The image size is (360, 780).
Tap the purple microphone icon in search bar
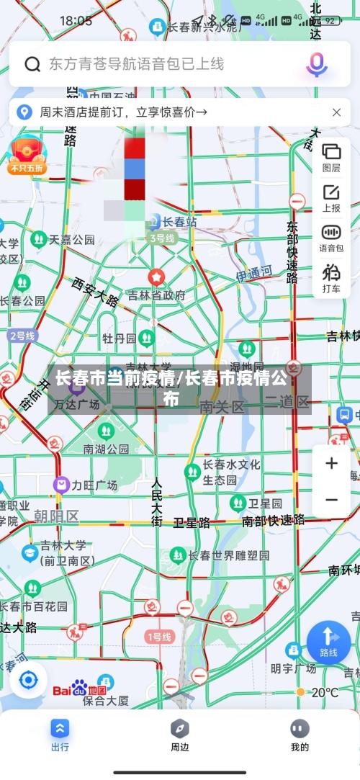(316, 64)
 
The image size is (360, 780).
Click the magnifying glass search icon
(32, 64)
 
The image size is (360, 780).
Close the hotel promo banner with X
(336, 112)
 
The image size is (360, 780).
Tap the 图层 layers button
(331, 157)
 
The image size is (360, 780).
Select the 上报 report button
(331, 197)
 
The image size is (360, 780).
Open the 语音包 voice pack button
(331, 238)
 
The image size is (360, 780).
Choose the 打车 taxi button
(331, 278)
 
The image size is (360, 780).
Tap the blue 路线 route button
(328, 641)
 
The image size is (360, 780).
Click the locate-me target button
(28, 680)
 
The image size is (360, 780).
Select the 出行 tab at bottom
(60, 735)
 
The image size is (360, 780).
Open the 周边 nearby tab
(180, 735)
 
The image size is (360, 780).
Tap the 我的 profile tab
(300, 735)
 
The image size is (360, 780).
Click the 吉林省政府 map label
(156, 295)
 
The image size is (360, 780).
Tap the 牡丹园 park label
(119, 339)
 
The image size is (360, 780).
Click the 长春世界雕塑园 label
(229, 555)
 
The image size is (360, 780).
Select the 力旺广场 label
(94, 485)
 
